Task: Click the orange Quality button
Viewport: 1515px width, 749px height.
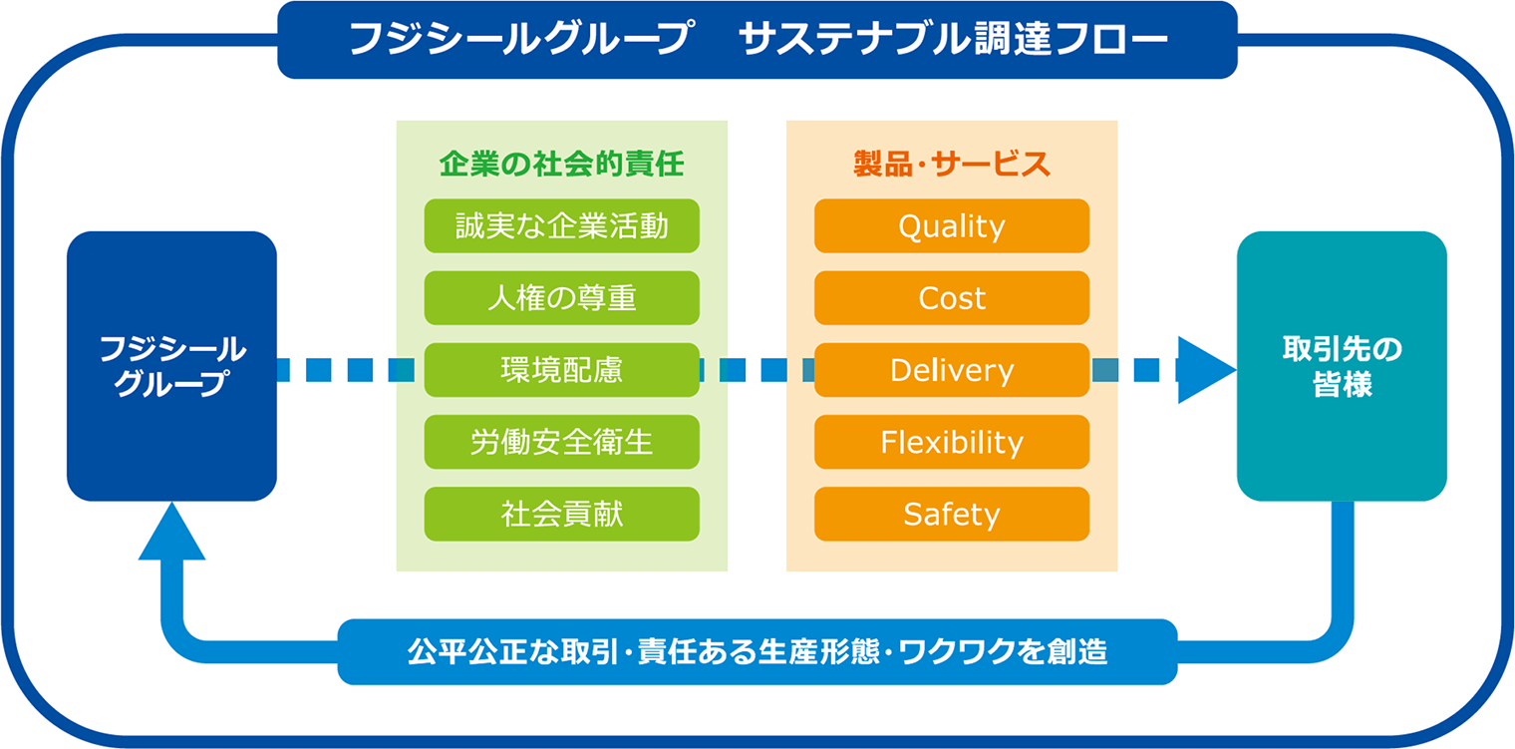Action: tap(952, 226)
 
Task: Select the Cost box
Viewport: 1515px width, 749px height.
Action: tap(952, 298)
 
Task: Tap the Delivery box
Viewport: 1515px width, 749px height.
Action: tap(952, 370)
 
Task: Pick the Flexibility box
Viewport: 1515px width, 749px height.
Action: tap(952, 442)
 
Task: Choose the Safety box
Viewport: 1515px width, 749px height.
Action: tap(952, 515)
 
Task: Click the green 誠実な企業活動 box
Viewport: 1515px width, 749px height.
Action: tap(562, 226)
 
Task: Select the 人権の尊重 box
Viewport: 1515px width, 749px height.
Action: tap(562, 298)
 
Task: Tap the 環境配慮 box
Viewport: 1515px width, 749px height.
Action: tap(562, 370)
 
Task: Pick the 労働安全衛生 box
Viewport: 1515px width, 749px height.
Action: tap(562, 442)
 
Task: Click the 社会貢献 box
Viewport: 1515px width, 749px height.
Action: tap(562, 515)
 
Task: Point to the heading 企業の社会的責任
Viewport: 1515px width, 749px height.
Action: tap(562, 164)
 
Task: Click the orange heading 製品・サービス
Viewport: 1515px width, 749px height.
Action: tap(952, 164)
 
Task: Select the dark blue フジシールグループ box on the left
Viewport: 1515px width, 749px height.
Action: tap(171, 366)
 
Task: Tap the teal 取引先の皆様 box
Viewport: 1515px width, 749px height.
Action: tap(1342, 366)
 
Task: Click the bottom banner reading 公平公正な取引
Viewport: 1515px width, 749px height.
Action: tap(757, 651)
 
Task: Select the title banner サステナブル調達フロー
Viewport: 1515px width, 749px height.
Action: tap(757, 39)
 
